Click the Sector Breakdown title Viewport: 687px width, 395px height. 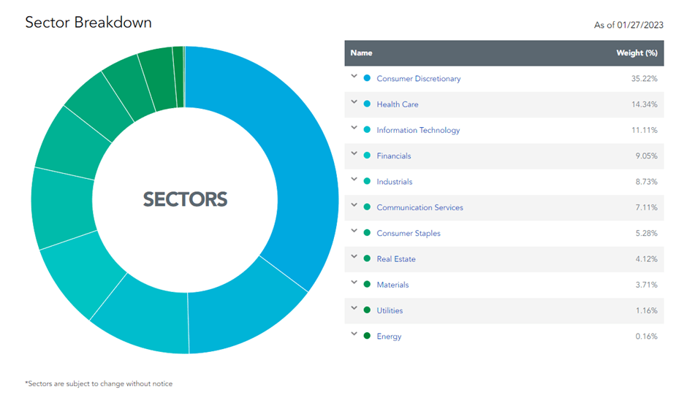click(x=88, y=22)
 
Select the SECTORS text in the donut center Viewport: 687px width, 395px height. click(x=185, y=199)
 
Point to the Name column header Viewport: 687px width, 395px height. click(x=361, y=53)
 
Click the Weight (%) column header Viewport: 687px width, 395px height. click(x=637, y=53)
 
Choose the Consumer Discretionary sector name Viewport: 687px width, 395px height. click(x=418, y=79)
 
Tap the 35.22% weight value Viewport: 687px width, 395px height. click(x=644, y=79)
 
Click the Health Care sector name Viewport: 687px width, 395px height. click(x=398, y=104)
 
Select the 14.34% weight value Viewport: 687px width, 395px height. click(x=644, y=104)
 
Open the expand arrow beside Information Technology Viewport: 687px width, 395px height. click(x=354, y=129)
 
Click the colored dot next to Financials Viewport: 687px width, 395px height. click(x=367, y=156)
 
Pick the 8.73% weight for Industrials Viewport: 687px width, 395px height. click(x=645, y=182)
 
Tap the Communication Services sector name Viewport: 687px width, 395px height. click(x=420, y=207)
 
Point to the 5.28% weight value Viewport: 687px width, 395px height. click(x=645, y=234)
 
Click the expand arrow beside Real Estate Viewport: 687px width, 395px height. click(x=354, y=257)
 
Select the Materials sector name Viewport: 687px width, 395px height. click(x=392, y=285)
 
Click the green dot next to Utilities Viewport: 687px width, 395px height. click(x=367, y=310)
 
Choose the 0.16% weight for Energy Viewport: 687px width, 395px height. click(x=645, y=337)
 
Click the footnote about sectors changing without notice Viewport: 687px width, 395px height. click(x=99, y=383)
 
